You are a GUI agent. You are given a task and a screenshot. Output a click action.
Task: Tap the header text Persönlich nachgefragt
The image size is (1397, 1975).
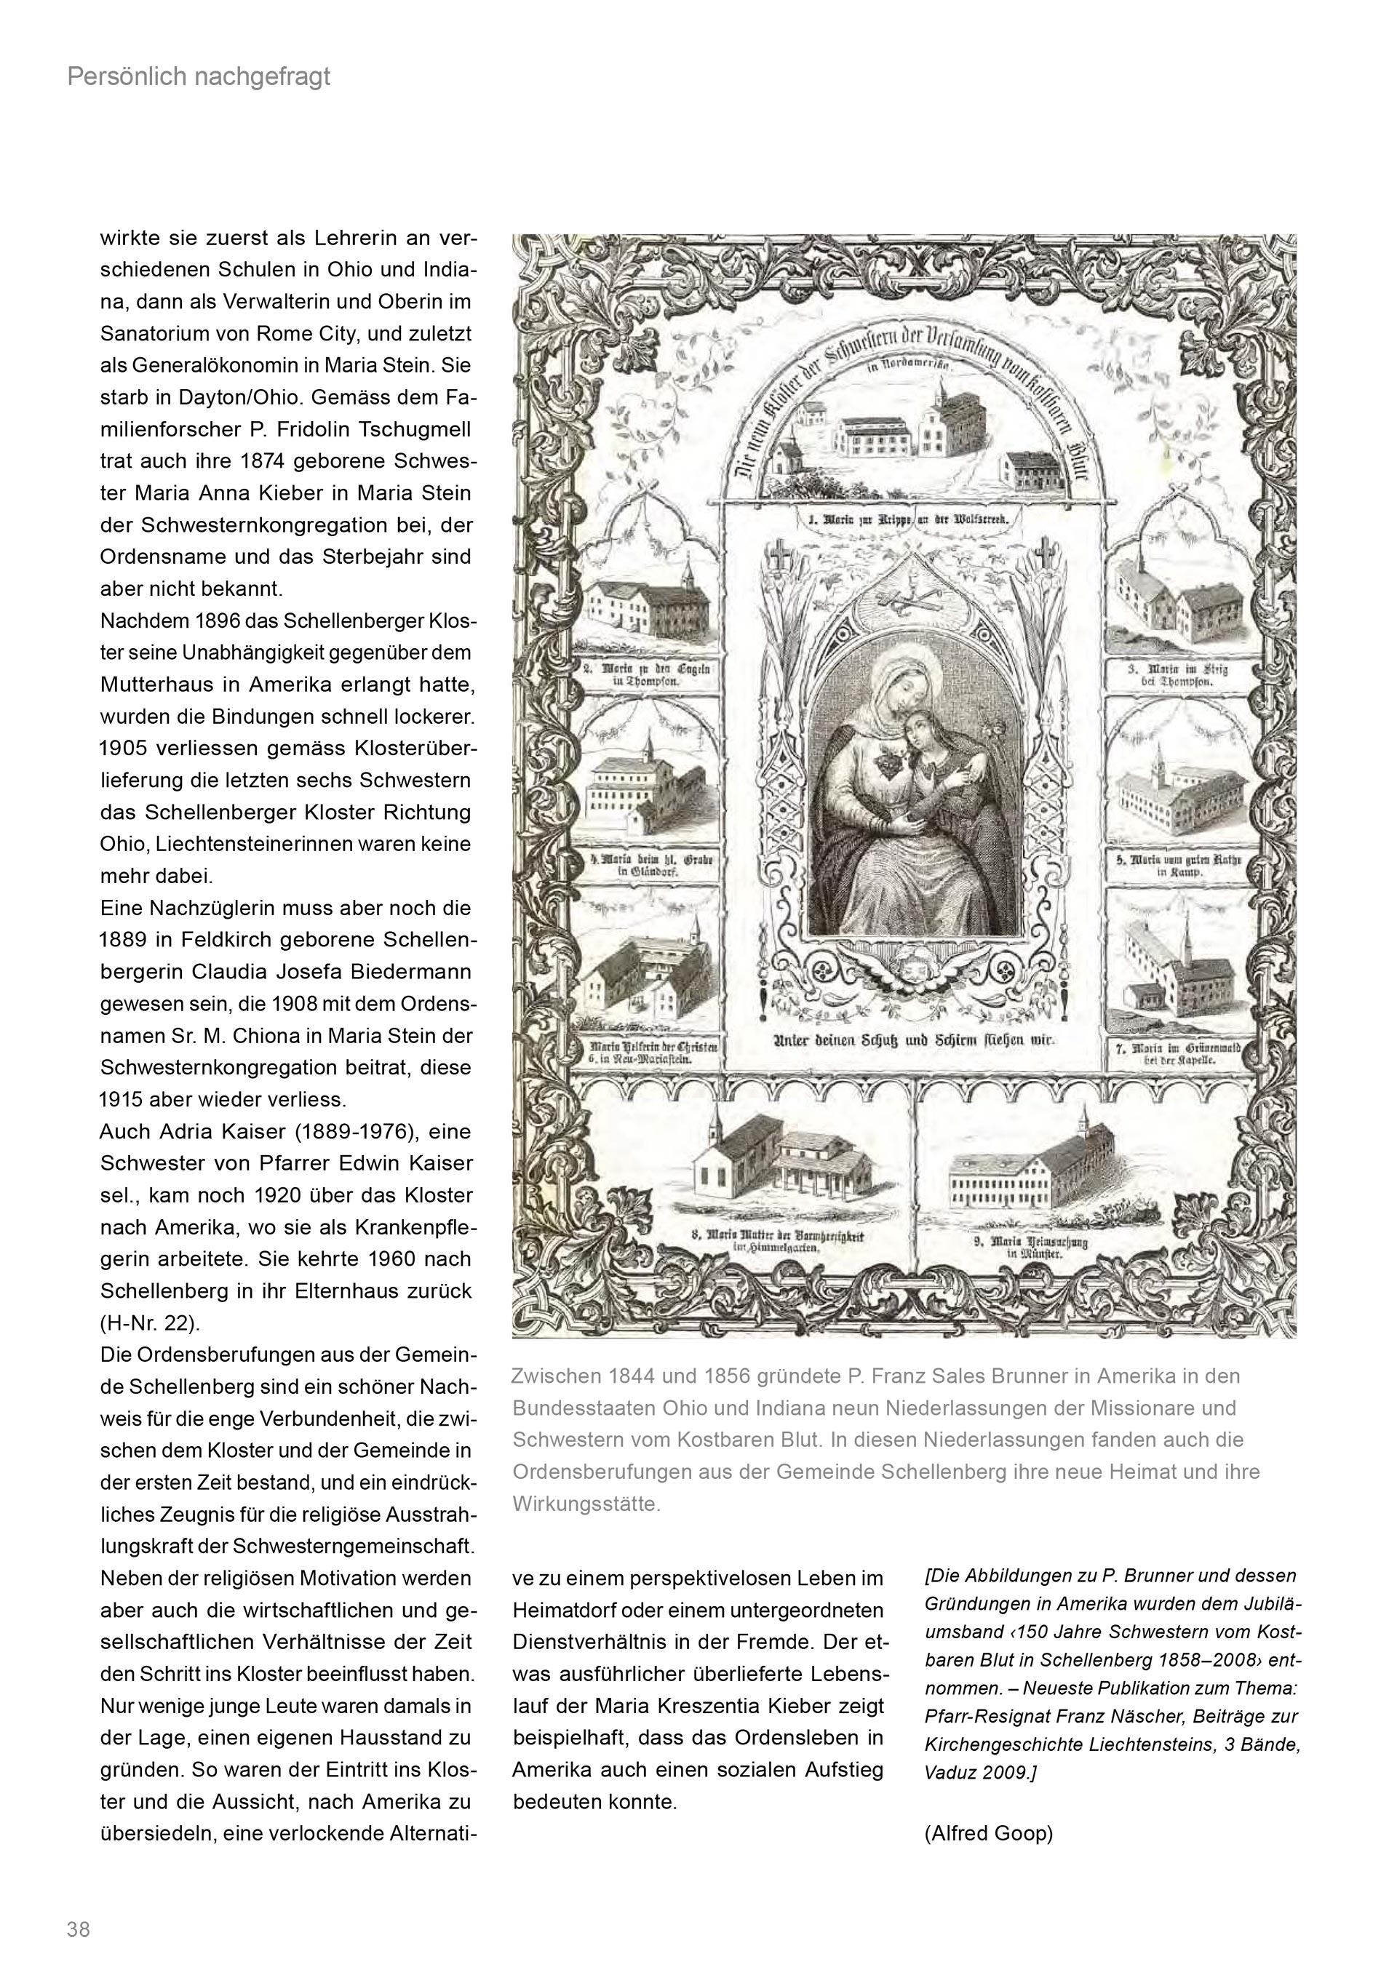click(x=199, y=77)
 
